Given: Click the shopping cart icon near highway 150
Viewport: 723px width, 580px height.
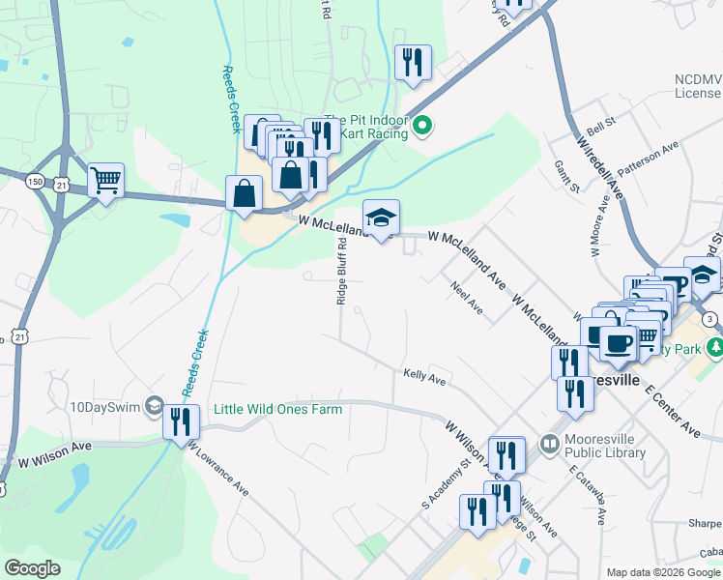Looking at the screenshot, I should point(105,181).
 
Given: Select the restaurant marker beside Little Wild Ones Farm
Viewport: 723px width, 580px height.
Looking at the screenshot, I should point(181,422).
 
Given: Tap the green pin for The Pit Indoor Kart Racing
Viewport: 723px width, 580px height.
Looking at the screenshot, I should point(421,125).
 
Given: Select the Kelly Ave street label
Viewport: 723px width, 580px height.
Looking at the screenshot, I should point(424,376).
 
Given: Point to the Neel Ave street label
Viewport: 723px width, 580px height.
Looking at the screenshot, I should point(466,297).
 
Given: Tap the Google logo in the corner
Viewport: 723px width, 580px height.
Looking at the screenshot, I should point(32,568).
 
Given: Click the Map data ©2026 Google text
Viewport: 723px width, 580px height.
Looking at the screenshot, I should point(663,572).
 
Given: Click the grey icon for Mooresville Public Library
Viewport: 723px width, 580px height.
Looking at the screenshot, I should point(550,443).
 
